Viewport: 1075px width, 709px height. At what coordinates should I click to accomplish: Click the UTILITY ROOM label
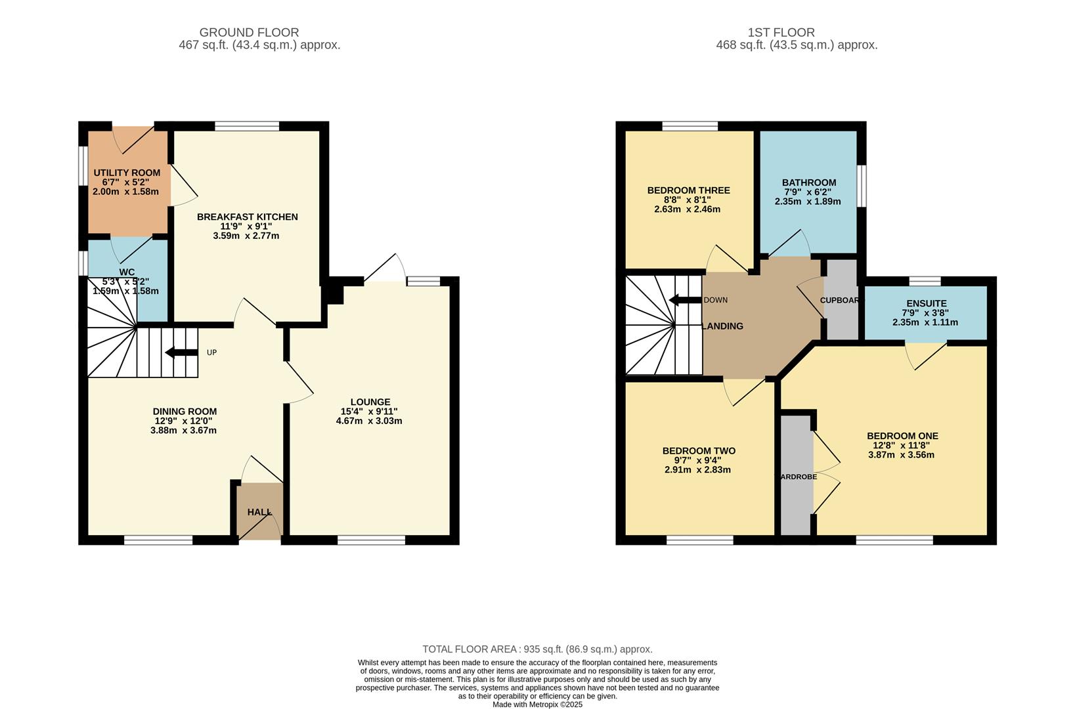click(127, 173)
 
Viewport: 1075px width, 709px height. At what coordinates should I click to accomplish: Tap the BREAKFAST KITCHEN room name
click(247, 217)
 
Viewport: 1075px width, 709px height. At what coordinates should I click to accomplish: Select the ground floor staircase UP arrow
click(182, 353)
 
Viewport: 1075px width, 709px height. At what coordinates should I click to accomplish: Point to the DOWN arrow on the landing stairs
click(685, 300)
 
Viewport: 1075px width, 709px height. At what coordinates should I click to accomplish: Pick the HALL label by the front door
click(259, 512)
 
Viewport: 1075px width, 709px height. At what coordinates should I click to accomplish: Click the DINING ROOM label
click(185, 412)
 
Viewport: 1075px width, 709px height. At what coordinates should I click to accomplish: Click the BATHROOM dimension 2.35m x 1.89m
click(808, 202)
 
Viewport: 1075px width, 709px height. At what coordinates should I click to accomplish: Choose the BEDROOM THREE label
click(688, 190)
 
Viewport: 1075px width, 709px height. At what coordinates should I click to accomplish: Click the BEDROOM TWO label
click(699, 451)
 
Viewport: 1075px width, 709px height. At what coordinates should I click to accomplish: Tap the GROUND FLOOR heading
click(249, 32)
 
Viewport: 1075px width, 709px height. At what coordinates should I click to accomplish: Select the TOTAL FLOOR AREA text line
click(537, 649)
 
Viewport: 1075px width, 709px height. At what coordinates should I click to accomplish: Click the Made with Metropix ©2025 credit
click(537, 704)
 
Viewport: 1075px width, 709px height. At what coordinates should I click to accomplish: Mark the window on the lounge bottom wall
click(372, 540)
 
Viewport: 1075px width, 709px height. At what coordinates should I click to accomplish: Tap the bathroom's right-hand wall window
click(862, 186)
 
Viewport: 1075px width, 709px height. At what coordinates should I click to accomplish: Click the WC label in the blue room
click(127, 272)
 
